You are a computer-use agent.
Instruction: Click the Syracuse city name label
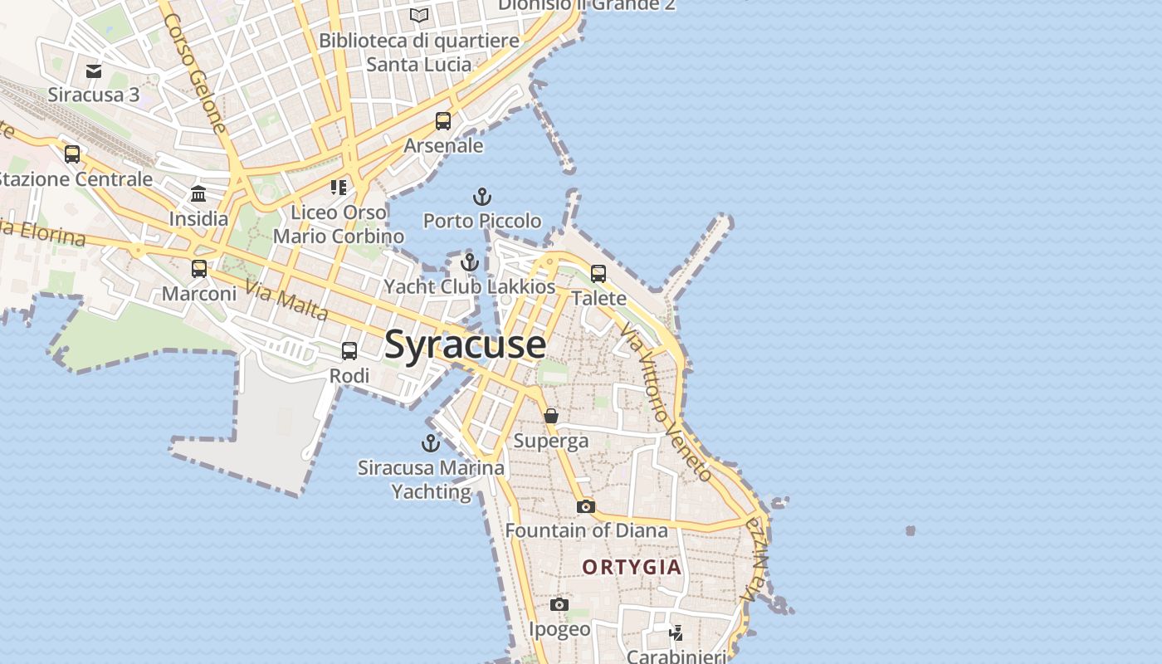point(465,344)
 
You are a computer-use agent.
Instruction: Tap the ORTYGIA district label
point(632,568)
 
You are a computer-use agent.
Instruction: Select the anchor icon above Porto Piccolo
point(482,198)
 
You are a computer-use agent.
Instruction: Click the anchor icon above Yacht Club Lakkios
point(470,263)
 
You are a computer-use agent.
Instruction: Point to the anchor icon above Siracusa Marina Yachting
point(431,443)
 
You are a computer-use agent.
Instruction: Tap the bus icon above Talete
point(598,273)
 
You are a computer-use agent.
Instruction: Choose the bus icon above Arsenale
point(443,121)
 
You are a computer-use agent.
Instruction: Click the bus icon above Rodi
point(349,351)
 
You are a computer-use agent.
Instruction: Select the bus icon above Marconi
point(199,269)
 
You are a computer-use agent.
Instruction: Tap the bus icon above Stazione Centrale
point(72,154)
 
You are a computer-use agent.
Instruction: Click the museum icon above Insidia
point(198,194)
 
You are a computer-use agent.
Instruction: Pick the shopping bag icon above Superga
point(551,416)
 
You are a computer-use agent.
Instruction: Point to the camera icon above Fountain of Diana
point(586,506)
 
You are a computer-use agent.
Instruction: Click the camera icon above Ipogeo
point(559,604)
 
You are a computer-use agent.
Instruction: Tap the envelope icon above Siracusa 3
point(94,71)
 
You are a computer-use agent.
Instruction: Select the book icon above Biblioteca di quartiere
point(419,16)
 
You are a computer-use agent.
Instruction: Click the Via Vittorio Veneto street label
point(666,403)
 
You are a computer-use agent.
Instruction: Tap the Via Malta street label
point(286,301)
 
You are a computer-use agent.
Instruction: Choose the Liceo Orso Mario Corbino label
point(339,224)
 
